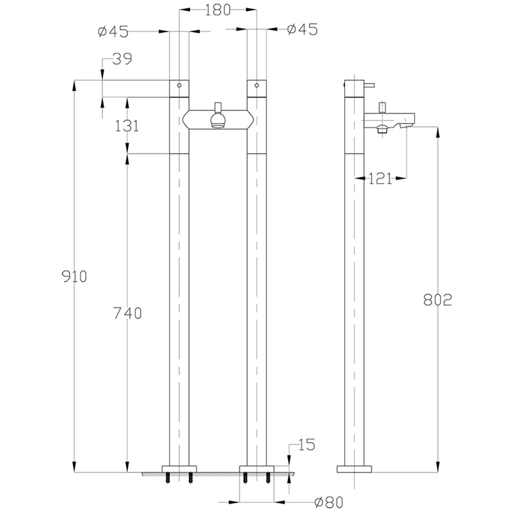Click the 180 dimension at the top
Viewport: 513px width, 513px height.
click(218, 10)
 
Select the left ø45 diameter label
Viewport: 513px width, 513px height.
click(113, 32)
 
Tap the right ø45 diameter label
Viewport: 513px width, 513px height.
click(302, 29)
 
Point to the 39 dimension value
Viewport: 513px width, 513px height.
click(122, 59)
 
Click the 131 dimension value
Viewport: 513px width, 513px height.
click(127, 126)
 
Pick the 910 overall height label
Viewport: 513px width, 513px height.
click(74, 277)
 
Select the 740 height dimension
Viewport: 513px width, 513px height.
click(127, 313)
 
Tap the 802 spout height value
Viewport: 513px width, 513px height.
click(438, 300)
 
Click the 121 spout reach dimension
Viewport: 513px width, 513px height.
click(380, 179)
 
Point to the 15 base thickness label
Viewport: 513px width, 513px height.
click(306, 445)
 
